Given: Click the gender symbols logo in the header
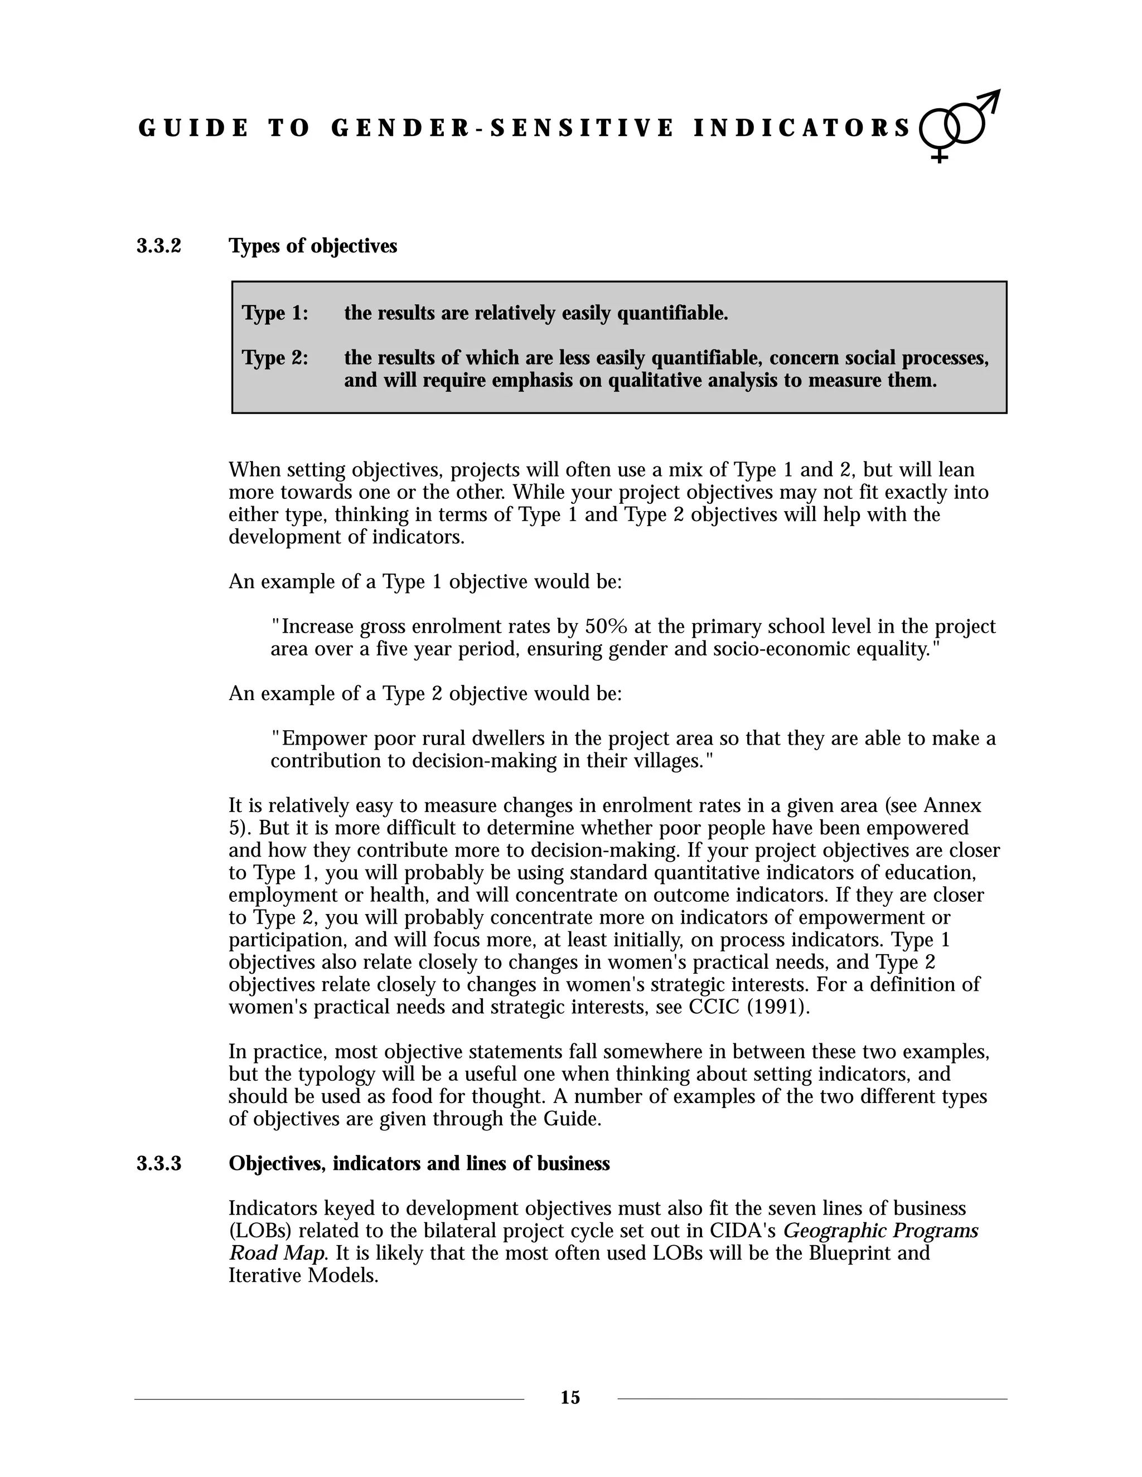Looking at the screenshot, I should pos(959,125).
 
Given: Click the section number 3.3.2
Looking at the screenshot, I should pos(159,246).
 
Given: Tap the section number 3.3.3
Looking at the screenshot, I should pos(159,1163).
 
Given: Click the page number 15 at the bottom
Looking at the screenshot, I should pos(570,1397).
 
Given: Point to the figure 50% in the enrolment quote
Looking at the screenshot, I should pos(606,627).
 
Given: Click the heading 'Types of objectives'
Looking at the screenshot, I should pos(313,246).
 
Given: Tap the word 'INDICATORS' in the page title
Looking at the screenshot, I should pos(802,129).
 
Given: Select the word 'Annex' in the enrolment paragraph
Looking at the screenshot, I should pos(952,805).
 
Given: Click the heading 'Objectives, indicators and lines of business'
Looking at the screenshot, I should pos(419,1163).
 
